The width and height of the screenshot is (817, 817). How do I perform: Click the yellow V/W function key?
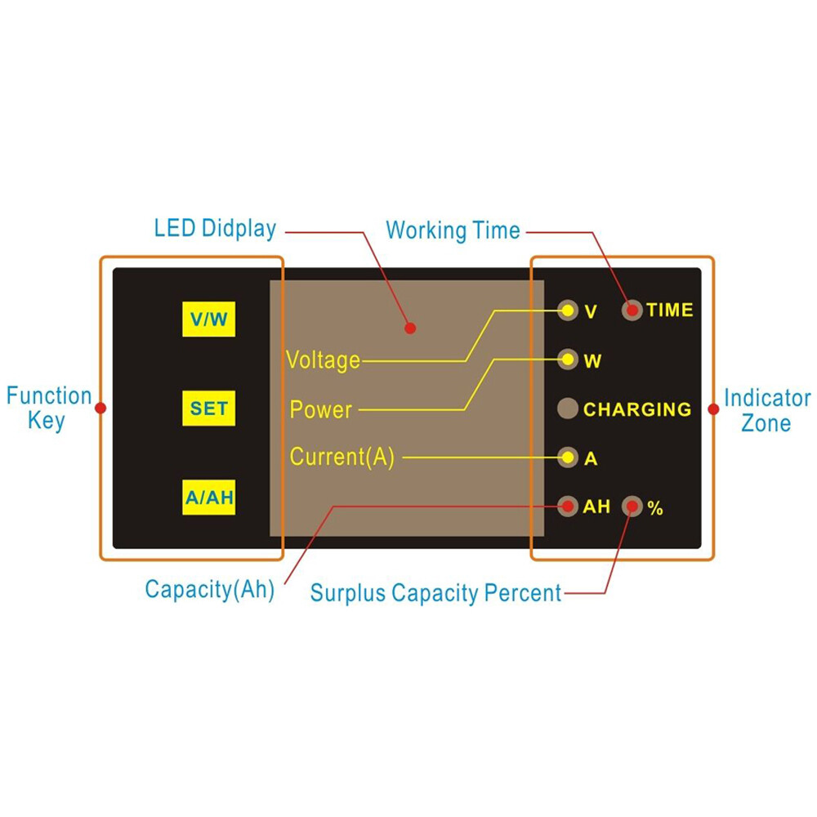click(209, 319)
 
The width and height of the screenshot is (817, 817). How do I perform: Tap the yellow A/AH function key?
click(209, 498)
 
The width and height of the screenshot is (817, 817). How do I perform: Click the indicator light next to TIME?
click(632, 310)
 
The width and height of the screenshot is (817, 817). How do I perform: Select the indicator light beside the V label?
click(567, 310)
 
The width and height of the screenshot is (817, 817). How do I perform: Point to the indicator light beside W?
click(567, 359)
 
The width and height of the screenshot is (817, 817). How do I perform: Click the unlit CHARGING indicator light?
click(568, 408)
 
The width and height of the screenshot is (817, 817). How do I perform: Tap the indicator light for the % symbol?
click(632, 507)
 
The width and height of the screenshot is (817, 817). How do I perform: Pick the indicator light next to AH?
click(567, 507)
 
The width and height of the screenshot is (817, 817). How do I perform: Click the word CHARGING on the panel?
click(637, 409)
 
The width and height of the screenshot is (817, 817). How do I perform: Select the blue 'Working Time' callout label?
click(453, 230)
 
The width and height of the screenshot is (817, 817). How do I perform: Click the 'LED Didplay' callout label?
click(215, 228)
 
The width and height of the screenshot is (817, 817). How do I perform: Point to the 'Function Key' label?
click(48, 408)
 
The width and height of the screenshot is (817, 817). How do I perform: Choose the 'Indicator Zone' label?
click(767, 410)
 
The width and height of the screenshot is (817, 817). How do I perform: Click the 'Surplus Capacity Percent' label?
click(435, 592)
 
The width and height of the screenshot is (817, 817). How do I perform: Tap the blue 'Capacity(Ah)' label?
click(209, 589)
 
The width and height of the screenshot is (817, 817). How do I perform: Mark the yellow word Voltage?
click(324, 359)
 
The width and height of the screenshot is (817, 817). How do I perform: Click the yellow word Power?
click(321, 409)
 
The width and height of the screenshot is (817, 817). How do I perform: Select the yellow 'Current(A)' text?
click(342, 458)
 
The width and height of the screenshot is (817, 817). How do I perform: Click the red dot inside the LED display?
click(411, 328)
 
